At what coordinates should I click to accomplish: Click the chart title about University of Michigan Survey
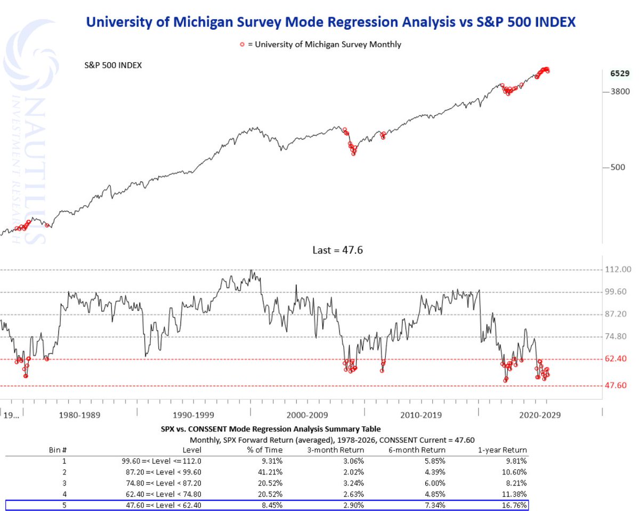point(330,22)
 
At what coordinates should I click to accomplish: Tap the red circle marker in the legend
point(242,45)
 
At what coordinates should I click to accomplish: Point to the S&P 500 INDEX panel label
point(114,65)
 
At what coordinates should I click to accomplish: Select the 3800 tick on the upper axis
point(620,92)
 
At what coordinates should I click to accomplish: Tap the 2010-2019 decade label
point(422,415)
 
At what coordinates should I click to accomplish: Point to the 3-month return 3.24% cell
point(351,483)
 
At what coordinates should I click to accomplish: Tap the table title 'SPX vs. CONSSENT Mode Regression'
point(271,428)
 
